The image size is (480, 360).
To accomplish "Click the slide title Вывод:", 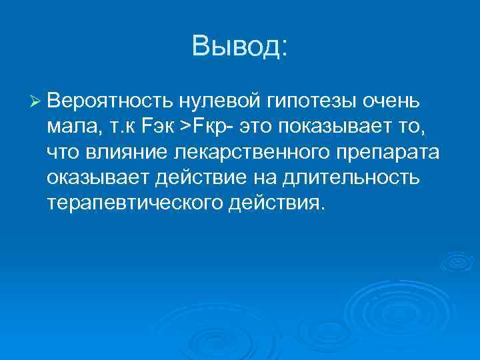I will coord(239,46).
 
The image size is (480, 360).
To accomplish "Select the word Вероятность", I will coord(109,101).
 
